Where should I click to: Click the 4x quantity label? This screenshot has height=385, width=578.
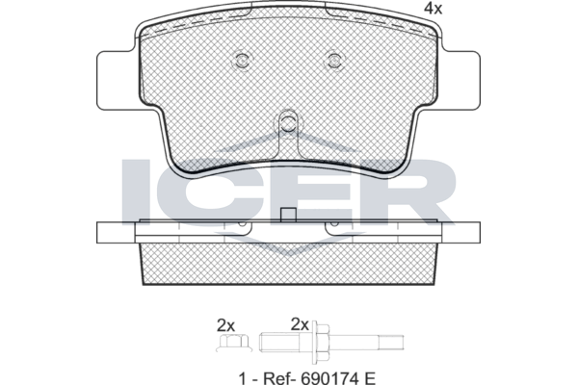(x=433, y=8)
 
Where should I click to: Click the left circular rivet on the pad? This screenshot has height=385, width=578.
(x=242, y=60)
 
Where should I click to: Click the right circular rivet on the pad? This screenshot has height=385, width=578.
(x=334, y=60)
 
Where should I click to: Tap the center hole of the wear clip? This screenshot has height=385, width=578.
(x=288, y=121)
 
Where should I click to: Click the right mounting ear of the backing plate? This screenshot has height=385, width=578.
(x=460, y=80)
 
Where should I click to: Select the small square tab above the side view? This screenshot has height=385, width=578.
(x=288, y=216)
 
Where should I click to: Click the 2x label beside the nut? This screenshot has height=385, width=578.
(x=225, y=325)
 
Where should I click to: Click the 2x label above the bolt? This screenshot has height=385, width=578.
(x=300, y=324)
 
